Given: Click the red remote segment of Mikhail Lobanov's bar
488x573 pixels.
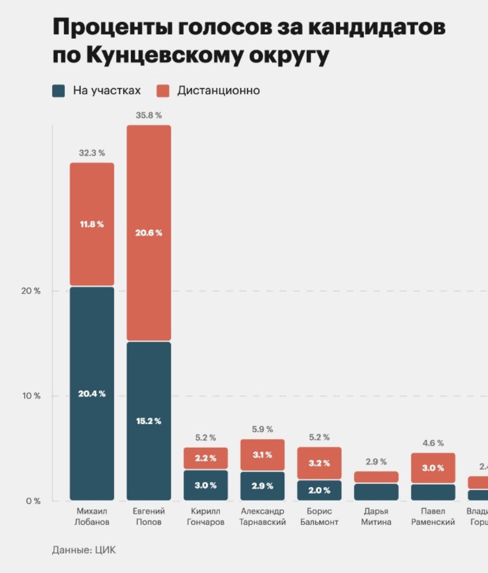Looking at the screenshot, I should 92,224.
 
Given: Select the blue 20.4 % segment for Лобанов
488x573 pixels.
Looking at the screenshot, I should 92,394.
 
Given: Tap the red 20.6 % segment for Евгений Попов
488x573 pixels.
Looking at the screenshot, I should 149,233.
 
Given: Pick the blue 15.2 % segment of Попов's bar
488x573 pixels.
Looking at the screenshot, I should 149,421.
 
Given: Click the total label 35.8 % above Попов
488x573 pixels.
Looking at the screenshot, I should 149,115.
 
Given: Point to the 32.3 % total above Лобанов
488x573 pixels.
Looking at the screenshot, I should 92,153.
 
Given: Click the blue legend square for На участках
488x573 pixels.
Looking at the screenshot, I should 59,90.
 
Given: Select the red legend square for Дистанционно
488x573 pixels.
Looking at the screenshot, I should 163,90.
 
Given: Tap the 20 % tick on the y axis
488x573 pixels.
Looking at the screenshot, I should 31,291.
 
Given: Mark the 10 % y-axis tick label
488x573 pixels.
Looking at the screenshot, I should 31,396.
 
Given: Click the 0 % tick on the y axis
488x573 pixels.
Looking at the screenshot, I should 33,501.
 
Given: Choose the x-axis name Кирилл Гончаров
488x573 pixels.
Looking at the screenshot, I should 206,517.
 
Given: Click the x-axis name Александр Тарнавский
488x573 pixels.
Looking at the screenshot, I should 263,517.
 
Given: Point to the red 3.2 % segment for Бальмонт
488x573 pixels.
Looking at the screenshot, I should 319,463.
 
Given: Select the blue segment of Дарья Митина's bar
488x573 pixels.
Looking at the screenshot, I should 376,492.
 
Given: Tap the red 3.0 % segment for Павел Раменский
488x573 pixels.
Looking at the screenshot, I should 433,468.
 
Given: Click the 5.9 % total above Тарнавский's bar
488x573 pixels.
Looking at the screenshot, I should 263,429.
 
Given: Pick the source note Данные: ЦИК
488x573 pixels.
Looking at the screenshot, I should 84,550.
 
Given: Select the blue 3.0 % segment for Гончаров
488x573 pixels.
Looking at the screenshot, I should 206,485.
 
